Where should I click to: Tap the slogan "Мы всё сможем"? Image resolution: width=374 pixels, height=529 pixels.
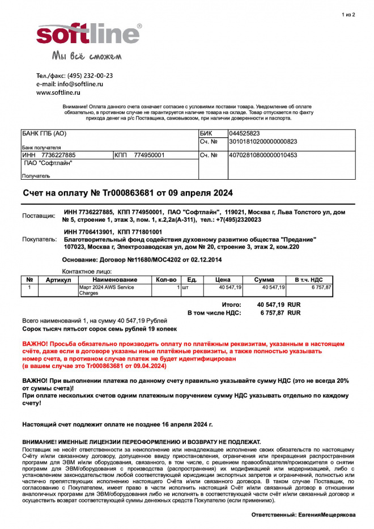87,56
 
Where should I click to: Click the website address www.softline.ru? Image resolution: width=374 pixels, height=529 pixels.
58,92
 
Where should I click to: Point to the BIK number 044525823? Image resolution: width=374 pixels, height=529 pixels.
244,133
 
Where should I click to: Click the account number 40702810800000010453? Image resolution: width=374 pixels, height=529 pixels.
263,155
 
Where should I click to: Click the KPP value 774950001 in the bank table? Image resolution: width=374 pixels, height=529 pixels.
149,155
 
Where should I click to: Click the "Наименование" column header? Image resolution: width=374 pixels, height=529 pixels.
115,280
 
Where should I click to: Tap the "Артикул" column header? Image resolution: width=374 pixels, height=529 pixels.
58,280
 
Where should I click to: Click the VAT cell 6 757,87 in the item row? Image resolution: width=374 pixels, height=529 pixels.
320,287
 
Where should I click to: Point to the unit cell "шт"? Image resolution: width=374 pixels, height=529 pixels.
185,287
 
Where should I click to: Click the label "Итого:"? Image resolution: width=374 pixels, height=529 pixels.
231,304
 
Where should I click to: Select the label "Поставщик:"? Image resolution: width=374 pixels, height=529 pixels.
39,216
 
